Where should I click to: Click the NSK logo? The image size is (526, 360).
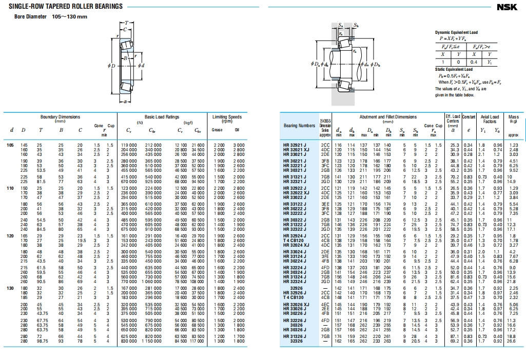(x=509, y=7)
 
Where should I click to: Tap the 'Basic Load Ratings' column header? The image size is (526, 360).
(x=162, y=117)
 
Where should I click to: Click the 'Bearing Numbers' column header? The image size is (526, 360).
(x=299, y=126)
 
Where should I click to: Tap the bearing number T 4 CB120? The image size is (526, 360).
(x=294, y=240)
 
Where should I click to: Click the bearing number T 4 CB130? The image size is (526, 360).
(x=294, y=297)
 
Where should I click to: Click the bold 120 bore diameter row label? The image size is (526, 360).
(x=10, y=236)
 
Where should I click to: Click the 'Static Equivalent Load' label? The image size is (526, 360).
(x=454, y=69)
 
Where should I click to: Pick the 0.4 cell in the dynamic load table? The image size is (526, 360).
(x=474, y=62)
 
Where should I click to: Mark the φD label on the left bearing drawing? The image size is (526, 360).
(x=111, y=66)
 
